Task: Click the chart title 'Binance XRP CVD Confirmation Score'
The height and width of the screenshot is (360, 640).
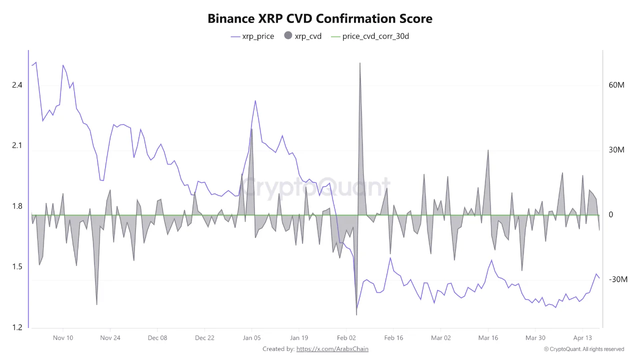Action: (x=320, y=18)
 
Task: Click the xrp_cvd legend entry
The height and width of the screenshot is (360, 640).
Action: (x=302, y=36)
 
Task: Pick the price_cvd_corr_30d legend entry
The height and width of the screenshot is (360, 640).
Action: (x=370, y=36)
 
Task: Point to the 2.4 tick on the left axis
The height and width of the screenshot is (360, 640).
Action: (x=17, y=85)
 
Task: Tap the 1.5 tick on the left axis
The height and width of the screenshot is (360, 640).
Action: (x=17, y=267)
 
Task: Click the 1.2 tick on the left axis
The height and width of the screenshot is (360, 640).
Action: (x=17, y=327)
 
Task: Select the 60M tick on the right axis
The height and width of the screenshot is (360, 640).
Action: (x=616, y=85)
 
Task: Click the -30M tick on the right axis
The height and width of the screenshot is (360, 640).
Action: (x=617, y=279)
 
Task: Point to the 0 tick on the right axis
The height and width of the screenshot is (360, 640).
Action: (x=611, y=215)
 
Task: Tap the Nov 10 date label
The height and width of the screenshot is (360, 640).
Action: (x=63, y=338)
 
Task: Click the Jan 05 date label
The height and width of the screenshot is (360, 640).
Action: (x=251, y=338)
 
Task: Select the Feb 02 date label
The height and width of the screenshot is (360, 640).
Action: (x=346, y=338)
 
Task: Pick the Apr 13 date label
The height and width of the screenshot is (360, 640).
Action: (x=582, y=338)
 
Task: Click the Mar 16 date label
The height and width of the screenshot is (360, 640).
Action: (x=488, y=338)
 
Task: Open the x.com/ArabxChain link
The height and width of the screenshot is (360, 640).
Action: (x=332, y=349)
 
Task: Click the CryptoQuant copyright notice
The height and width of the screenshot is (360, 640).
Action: (x=584, y=349)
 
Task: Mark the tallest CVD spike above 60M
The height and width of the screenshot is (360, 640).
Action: (x=359, y=64)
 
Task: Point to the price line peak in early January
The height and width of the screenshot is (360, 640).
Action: (x=255, y=101)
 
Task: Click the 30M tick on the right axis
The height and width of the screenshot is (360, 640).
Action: (x=616, y=150)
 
